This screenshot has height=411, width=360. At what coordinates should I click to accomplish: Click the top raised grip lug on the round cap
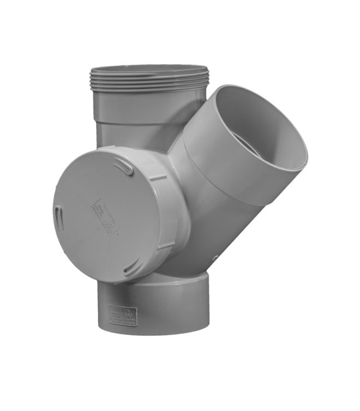[x=125, y=168]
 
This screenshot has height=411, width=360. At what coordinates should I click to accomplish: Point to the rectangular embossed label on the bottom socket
[x=122, y=316]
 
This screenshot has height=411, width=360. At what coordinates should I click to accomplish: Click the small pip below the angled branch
[x=216, y=257]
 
